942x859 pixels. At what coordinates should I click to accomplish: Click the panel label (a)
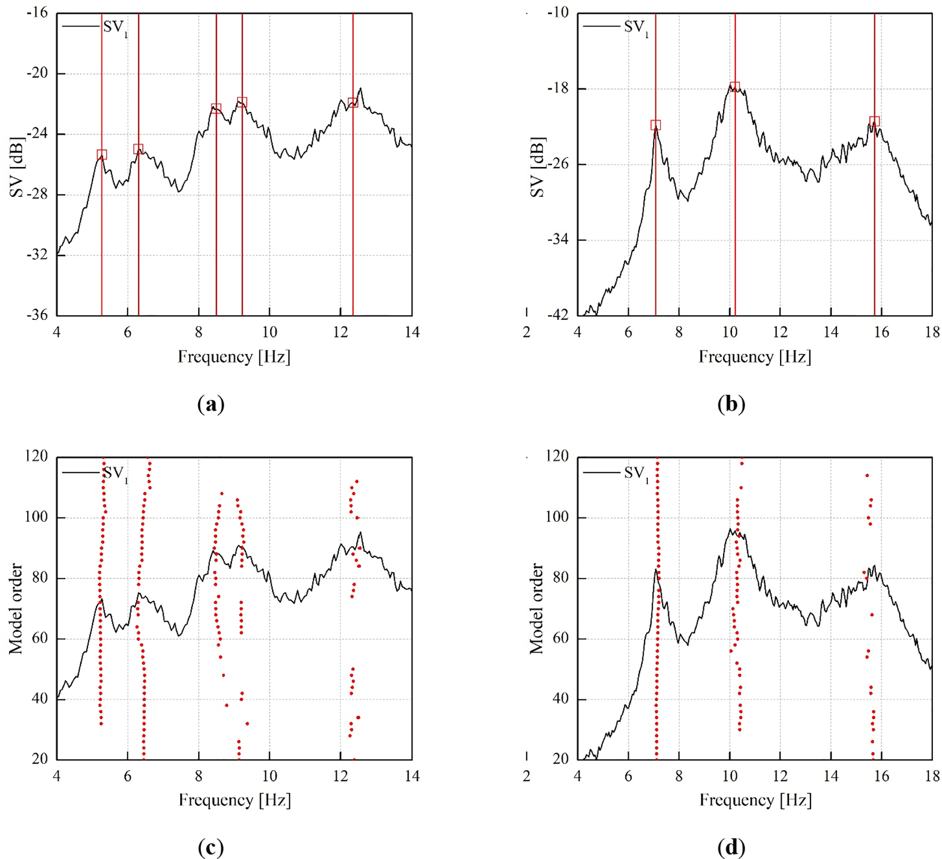point(211,404)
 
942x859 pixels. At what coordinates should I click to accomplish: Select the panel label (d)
point(731,847)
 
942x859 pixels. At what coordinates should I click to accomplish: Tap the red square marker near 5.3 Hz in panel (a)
point(102,154)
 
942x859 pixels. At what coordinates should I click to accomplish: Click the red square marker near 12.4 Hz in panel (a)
point(353,102)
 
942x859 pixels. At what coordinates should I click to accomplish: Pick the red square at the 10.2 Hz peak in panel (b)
point(735,86)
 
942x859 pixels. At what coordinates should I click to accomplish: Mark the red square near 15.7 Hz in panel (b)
point(874,121)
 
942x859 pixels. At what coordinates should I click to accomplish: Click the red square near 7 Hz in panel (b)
point(655,125)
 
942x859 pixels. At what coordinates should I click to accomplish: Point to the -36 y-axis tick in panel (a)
point(37,315)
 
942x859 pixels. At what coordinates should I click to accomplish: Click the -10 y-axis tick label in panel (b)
point(558,12)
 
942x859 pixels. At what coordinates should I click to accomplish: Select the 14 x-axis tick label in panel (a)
point(412,332)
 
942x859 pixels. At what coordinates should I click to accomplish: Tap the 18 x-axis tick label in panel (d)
point(932,776)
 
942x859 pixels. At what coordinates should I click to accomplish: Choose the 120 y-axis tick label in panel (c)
point(36,456)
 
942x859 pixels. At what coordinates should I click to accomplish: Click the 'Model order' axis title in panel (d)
point(536,608)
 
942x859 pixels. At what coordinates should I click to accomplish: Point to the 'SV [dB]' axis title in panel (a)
point(17,166)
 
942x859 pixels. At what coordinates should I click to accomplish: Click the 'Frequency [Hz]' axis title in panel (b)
point(755,357)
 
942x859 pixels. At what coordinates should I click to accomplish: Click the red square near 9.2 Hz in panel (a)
point(242,102)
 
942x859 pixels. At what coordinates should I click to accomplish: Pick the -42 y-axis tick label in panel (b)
point(558,315)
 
